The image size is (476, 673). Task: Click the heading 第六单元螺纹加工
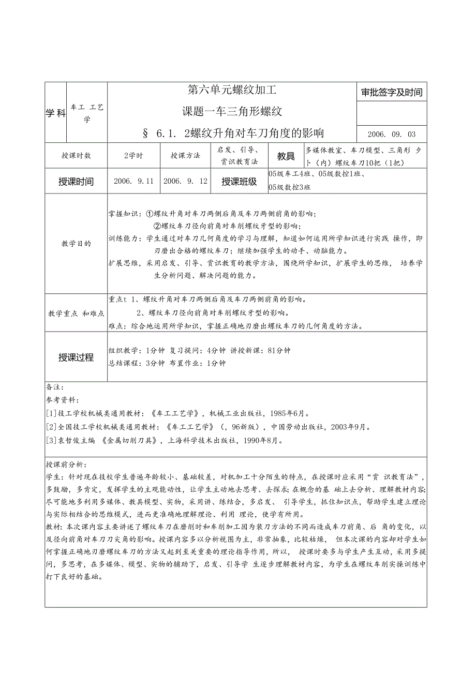click(232, 91)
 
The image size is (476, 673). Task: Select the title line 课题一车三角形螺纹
click(232, 111)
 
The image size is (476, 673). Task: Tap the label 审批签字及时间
click(392, 93)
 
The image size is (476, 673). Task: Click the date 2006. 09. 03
click(392, 134)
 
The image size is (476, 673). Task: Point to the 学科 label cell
click(55, 113)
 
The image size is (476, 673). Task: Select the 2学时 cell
click(133, 155)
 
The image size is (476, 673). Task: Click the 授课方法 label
click(185, 155)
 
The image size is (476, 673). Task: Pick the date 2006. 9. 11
click(133, 181)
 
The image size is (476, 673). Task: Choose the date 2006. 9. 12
click(185, 181)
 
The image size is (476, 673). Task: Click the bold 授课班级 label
click(239, 182)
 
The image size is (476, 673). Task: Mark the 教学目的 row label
click(76, 243)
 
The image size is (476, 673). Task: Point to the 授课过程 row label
click(76, 357)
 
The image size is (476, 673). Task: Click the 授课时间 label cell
click(76, 182)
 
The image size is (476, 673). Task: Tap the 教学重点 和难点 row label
click(76, 313)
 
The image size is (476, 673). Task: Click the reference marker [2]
click(51, 427)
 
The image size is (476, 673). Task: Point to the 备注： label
click(55, 387)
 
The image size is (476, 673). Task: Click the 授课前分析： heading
click(67, 465)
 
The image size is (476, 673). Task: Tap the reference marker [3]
click(51, 440)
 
